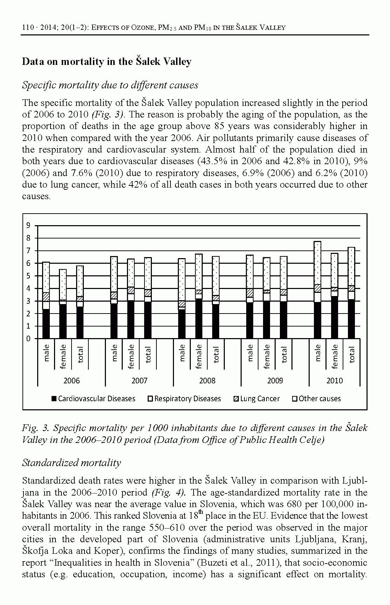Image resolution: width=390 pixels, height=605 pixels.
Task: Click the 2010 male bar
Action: pos(317,290)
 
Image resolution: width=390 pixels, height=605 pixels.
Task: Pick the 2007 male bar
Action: pos(114,297)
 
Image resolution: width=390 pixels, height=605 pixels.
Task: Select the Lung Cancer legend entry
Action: pos(257,399)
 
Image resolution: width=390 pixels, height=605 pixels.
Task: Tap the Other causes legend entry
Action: pos(317,399)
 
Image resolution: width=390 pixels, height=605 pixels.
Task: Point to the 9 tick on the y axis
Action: pos(28,226)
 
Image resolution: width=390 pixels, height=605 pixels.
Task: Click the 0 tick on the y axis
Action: pos(28,339)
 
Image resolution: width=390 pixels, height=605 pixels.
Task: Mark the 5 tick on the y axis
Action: pos(28,276)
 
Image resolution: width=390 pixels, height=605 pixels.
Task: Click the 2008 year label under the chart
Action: pos(207,381)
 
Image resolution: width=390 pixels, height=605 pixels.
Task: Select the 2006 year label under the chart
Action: pos(71,381)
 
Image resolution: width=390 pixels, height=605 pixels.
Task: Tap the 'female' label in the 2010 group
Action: pos(335,356)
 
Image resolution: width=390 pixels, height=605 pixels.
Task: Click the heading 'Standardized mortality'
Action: pos(71,463)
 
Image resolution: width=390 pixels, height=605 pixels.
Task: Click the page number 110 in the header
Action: pos(28,27)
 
